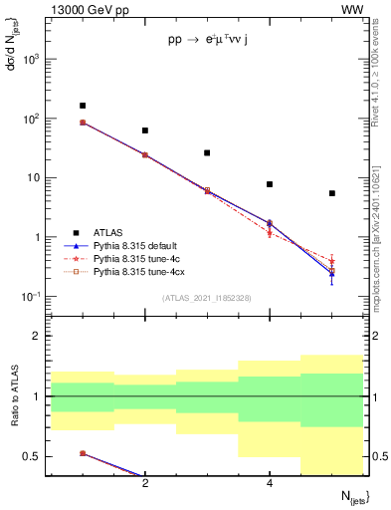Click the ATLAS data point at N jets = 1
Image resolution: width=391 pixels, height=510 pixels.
(x=83, y=106)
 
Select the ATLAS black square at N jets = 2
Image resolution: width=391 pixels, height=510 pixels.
(x=145, y=130)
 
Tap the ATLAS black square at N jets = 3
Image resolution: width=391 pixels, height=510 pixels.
(x=207, y=153)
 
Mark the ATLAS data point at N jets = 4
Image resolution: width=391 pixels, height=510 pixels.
(x=270, y=184)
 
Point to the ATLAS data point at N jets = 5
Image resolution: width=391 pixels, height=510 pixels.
(x=332, y=193)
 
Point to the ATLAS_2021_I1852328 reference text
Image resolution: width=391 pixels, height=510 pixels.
(x=207, y=298)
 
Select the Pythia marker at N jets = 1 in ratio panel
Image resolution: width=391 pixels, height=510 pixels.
(x=83, y=453)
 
